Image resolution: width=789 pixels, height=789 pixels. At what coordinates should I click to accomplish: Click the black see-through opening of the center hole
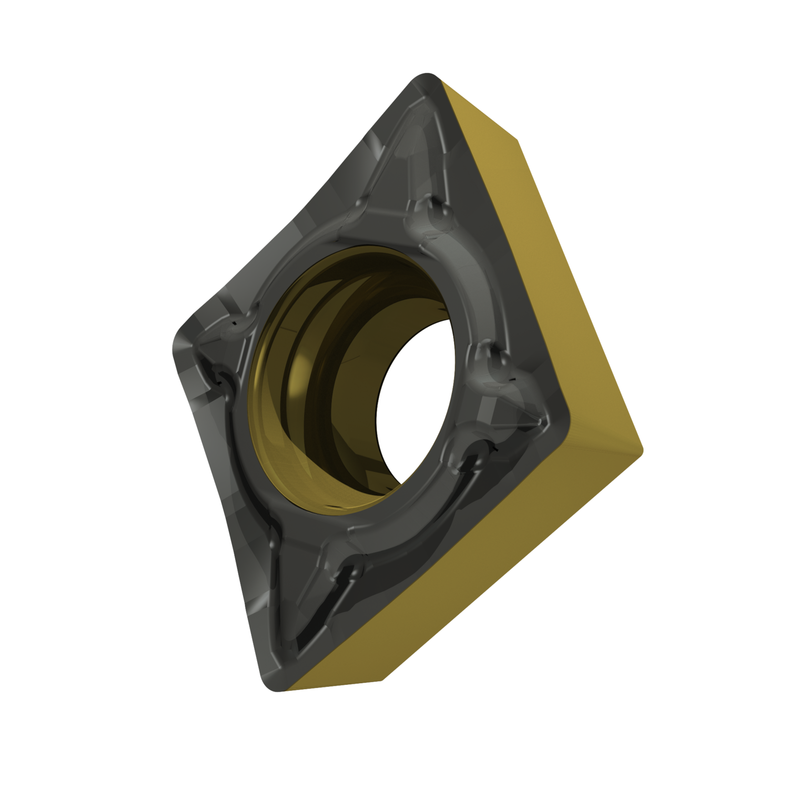[x=416, y=400]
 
